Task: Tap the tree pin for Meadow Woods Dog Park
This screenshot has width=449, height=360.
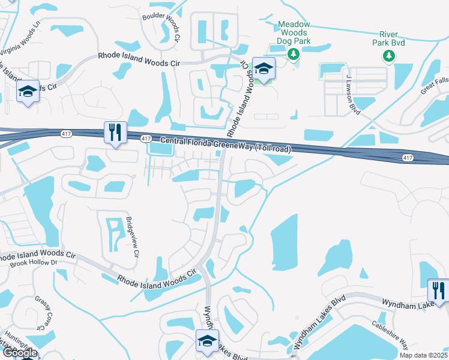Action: click(x=294, y=55)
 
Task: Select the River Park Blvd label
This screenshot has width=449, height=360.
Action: click(x=388, y=38)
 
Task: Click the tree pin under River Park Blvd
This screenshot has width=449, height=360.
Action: click(x=388, y=56)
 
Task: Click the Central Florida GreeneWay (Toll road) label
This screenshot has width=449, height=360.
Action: click(x=227, y=145)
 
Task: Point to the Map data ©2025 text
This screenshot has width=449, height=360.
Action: click(x=424, y=355)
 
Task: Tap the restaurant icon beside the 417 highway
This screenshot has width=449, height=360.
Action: click(x=114, y=132)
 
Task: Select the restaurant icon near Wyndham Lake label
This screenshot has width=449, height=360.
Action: click(x=437, y=290)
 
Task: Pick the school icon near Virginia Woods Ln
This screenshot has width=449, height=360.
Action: click(x=28, y=91)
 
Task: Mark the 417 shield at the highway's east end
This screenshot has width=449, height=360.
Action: click(x=408, y=157)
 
